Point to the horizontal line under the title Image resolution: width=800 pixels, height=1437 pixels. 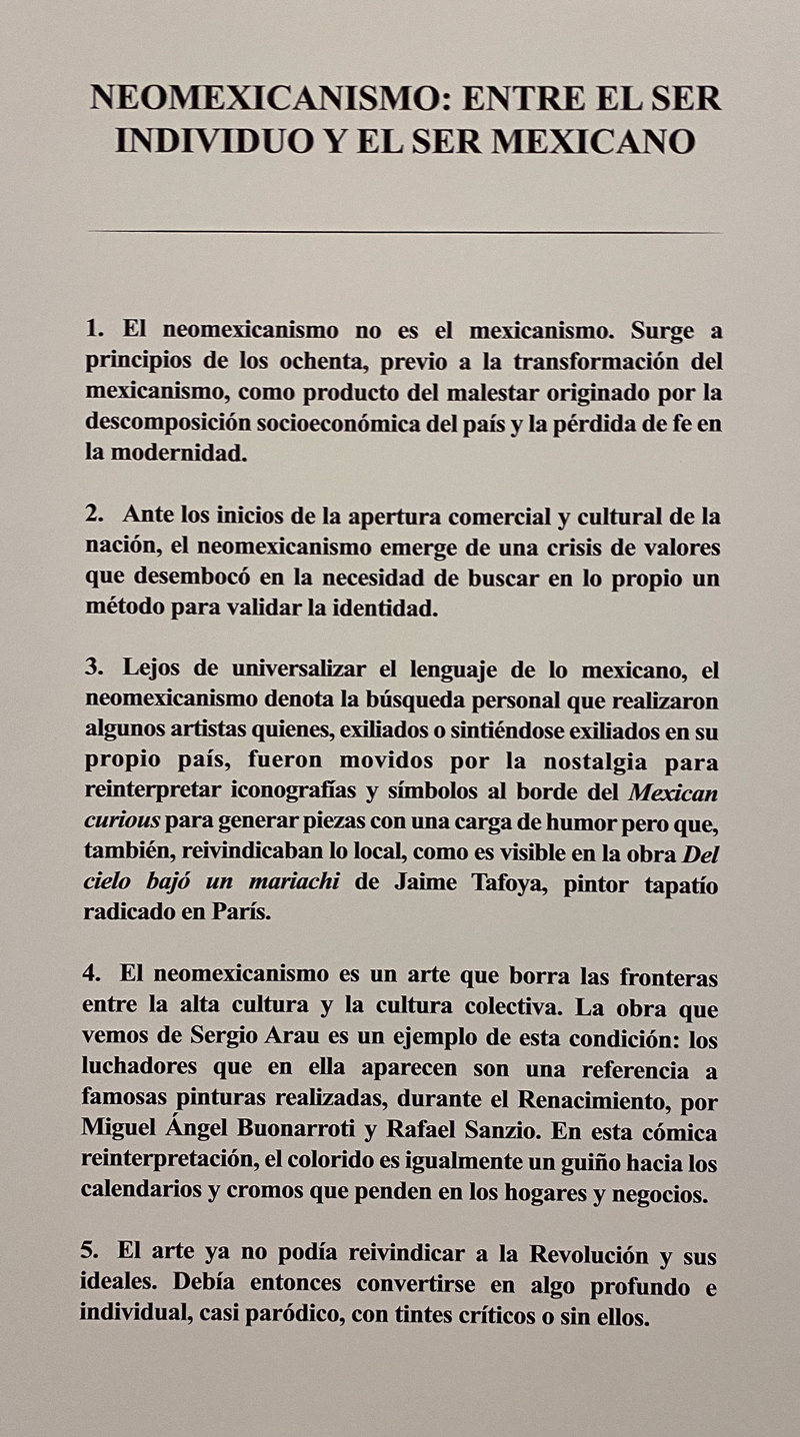click(x=404, y=232)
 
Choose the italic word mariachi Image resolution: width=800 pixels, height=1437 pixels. click(x=295, y=885)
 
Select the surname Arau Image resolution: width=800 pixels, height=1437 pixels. click(x=364, y=1040)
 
